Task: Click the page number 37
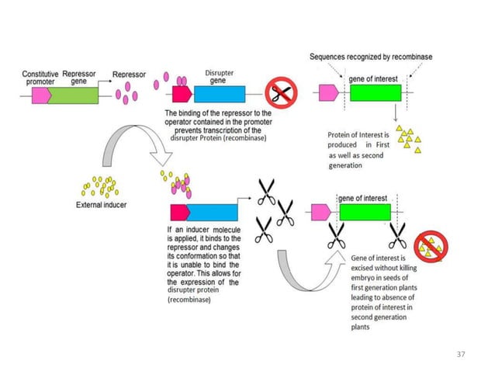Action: (x=461, y=354)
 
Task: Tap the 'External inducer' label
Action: (x=101, y=206)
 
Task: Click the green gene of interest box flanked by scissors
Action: (x=365, y=213)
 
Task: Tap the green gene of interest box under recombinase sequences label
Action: (x=375, y=94)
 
